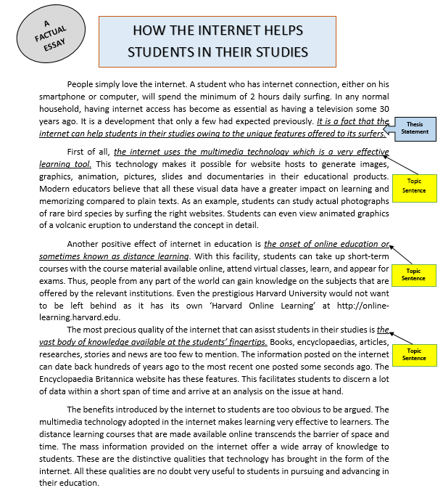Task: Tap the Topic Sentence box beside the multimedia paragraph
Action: pos(414,186)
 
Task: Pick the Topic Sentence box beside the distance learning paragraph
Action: pos(414,274)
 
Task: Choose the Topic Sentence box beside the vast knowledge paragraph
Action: pos(414,355)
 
